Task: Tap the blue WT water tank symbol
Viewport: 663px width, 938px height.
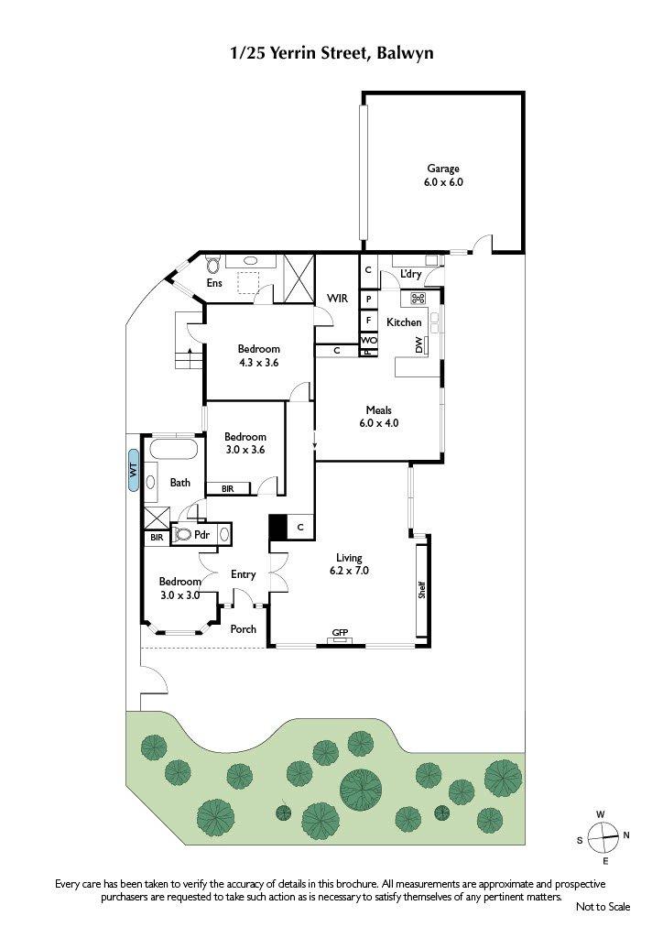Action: point(133,472)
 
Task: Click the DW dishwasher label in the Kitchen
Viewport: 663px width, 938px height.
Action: point(420,345)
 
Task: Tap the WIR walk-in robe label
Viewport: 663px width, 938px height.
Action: point(338,298)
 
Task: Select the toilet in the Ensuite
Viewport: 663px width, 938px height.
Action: point(213,266)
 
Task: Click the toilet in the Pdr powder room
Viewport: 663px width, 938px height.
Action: point(183,534)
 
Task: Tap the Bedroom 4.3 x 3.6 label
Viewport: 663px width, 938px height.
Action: point(258,354)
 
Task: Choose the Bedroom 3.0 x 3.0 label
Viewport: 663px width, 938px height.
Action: point(179,588)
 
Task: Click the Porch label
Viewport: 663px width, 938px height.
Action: point(243,629)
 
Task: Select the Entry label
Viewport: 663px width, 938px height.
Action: point(243,574)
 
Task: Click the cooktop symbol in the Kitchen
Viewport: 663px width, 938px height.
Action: point(418,299)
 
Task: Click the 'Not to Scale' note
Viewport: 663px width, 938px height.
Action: point(603,907)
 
